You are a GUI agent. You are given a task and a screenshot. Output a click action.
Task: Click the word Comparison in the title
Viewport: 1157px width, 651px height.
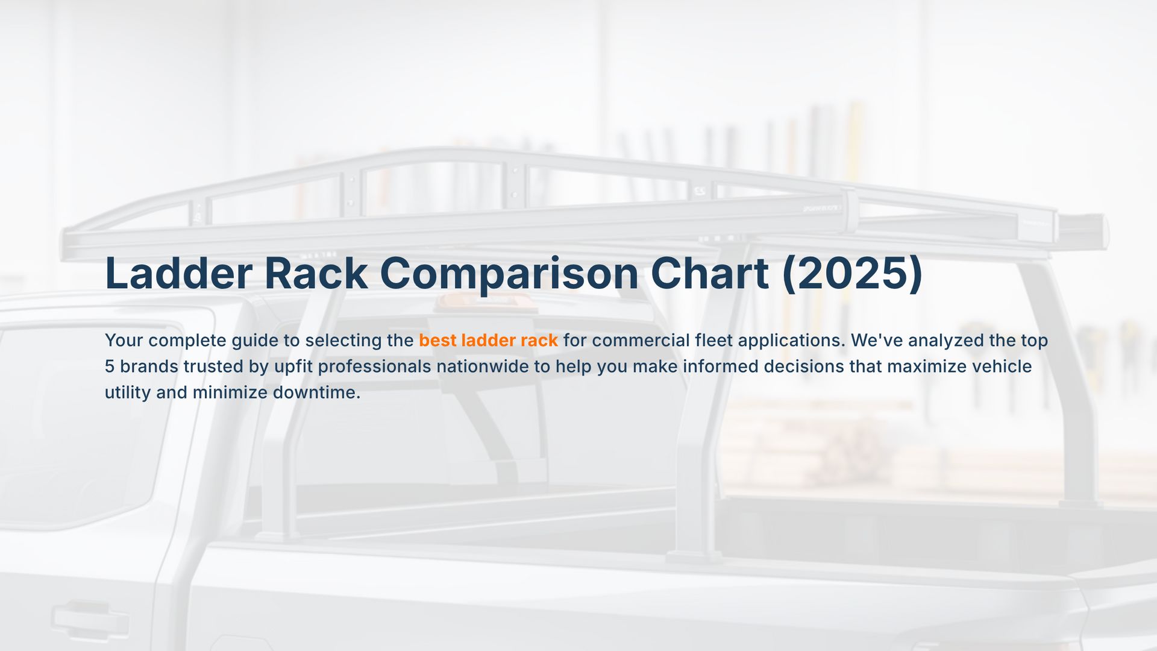coord(509,274)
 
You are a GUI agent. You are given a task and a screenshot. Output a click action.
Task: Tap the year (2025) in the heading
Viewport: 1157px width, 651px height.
coord(852,274)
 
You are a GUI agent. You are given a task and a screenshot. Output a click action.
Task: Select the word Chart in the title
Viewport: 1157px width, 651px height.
coord(709,274)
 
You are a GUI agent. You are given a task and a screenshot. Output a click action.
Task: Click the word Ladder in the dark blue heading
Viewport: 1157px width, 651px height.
coord(178,274)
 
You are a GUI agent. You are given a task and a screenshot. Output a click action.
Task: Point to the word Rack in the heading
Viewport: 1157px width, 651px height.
coord(316,274)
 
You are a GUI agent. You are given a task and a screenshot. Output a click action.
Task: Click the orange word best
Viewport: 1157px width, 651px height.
coord(437,341)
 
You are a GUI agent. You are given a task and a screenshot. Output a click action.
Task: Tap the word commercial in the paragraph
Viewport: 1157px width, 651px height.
coord(641,341)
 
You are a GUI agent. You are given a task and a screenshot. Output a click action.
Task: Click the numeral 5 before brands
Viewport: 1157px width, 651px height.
coord(109,366)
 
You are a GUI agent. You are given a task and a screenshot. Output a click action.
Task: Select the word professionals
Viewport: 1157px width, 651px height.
coord(374,366)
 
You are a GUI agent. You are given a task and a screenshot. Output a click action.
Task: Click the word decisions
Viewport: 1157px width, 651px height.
coord(804,366)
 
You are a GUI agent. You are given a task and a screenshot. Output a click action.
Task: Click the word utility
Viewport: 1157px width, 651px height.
coord(128,392)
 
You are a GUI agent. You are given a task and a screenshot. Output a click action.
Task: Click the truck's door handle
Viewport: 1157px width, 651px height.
coord(90,620)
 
